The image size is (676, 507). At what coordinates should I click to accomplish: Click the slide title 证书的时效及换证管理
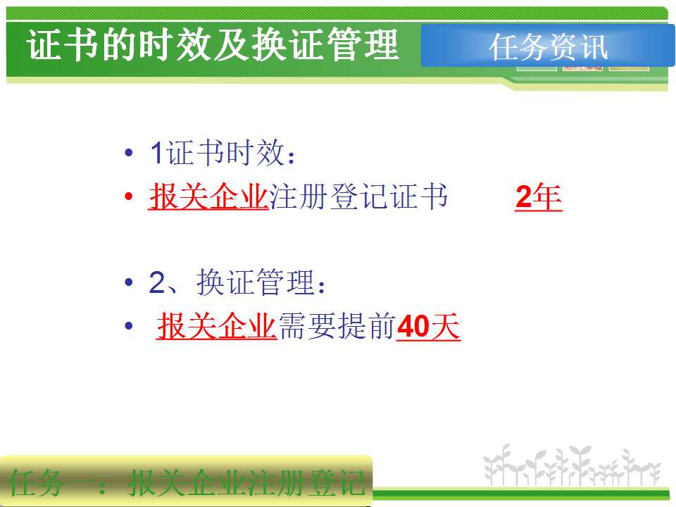coord(213,45)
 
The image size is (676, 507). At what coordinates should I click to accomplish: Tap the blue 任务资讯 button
coord(548,46)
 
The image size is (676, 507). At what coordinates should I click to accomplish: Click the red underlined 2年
coord(539,197)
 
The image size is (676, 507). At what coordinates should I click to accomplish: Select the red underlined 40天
coord(428,326)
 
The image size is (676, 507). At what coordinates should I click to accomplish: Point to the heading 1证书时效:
coord(223,153)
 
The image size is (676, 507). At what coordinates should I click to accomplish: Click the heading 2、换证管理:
coord(237,283)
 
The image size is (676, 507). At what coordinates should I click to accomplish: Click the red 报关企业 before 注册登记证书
coord(208,197)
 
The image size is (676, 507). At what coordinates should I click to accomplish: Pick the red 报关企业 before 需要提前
coord(216,326)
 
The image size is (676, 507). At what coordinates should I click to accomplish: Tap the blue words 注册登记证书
coord(358,197)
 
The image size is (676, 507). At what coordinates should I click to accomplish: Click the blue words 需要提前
coord(337,326)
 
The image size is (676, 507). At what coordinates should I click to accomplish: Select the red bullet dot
coord(128,196)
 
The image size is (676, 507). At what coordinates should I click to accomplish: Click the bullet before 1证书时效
coord(128,153)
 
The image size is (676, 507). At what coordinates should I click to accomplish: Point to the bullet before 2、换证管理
coord(128,282)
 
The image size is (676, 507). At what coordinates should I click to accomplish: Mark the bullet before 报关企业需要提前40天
coord(128,325)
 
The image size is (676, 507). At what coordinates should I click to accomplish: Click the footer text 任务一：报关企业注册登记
coord(186,483)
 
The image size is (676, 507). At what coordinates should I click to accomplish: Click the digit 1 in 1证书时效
coord(156,153)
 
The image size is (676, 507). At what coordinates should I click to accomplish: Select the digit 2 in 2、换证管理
coord(157,283)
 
